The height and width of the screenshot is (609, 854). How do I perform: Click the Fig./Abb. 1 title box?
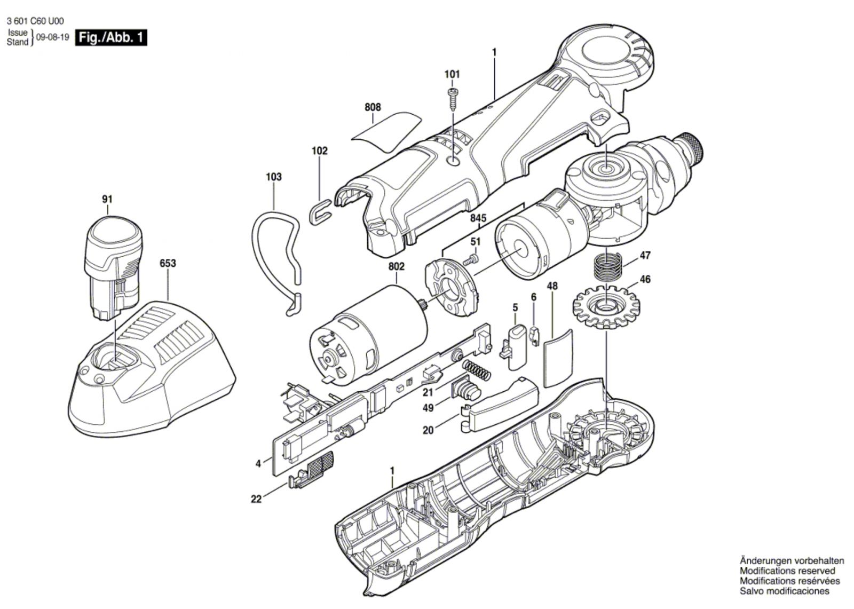coord(112,38)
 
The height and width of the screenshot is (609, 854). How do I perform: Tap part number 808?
coord(373,107)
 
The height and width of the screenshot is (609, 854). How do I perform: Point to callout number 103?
coord(274,177)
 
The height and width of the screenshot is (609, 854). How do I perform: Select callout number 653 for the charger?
coord(168,264)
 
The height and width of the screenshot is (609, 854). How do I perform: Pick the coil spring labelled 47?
coord(608,268)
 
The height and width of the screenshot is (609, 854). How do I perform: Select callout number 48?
coord(552,286)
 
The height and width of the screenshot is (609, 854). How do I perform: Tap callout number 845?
coord(478,218)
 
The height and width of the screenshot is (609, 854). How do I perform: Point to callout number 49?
coord(429,408)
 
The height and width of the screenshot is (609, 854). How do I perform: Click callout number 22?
coord(257,499)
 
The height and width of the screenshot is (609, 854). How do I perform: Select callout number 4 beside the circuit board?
coord(258,464)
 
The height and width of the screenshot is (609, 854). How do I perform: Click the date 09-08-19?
coord(53,37)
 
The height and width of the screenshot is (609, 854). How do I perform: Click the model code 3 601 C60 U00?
coord(35,21)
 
